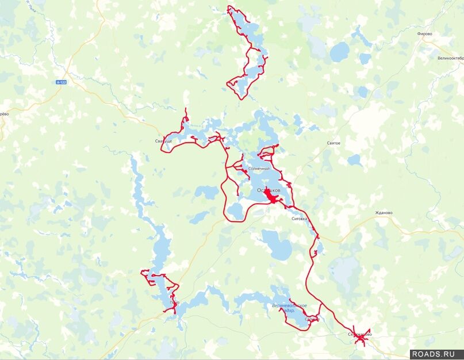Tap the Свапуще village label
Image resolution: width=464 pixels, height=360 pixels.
(163, 141)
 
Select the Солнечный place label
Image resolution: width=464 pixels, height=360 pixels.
(258, 168)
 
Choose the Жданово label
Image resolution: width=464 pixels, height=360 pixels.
(384, 213)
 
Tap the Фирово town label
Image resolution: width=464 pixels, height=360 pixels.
(425, 34)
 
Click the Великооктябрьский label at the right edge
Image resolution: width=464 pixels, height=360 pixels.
(450, 58)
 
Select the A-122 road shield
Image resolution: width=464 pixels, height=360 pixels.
(62, 83)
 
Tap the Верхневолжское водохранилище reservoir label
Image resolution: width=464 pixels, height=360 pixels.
(289, 308)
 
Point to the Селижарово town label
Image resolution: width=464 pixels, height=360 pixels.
(359, 334)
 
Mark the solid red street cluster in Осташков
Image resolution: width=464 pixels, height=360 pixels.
(271, 198)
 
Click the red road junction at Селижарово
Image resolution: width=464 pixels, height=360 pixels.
(361, 339)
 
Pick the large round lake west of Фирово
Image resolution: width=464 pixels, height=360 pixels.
(339, 52)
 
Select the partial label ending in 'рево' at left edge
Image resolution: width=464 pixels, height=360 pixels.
(3, 114)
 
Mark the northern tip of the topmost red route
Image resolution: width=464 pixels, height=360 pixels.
(229, 7)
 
